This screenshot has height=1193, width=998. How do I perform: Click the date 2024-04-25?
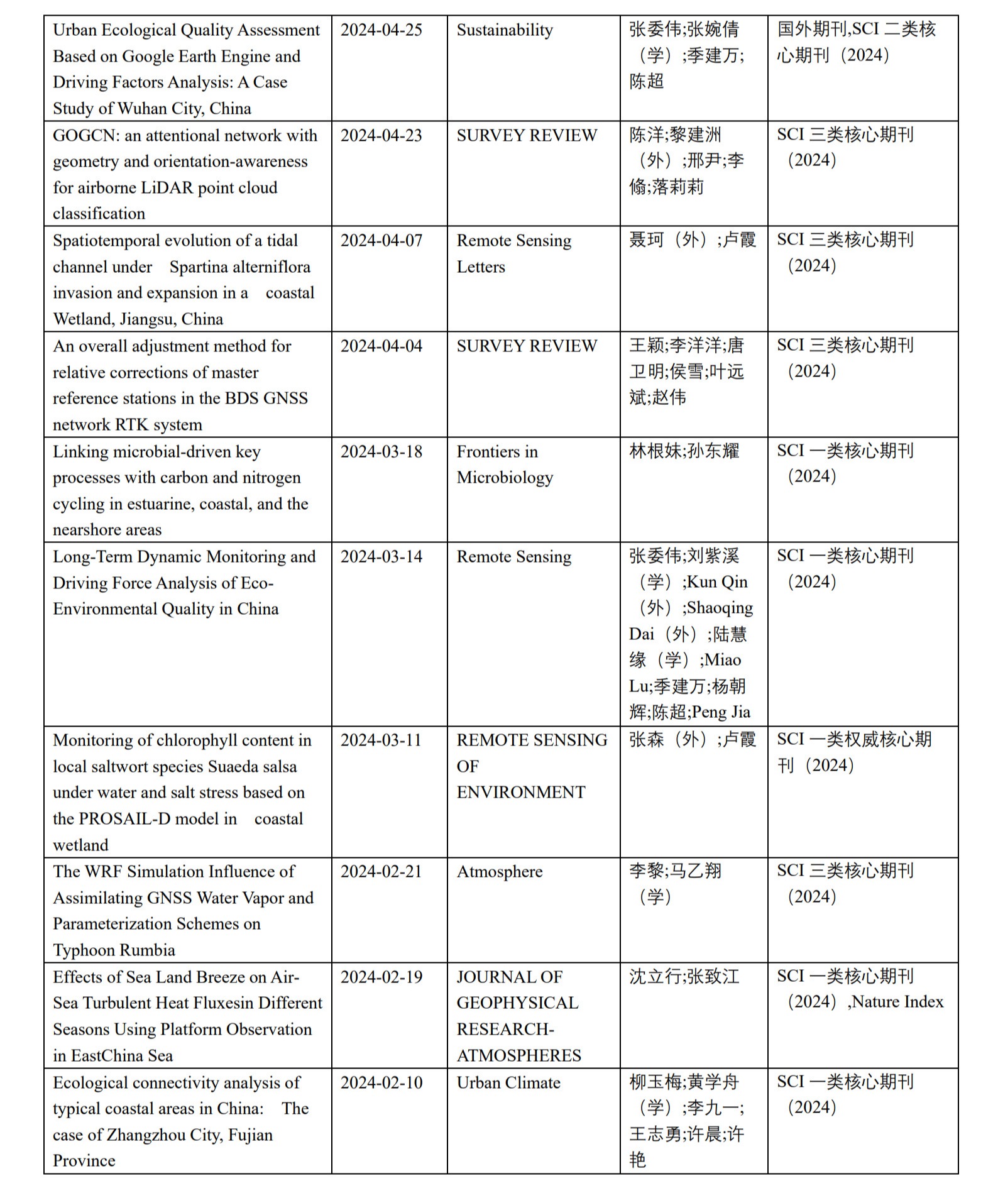click(x=381, y=30)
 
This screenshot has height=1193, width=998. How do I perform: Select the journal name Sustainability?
click(x=504, y=30)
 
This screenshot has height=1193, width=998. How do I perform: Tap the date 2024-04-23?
click(x=381, y=136)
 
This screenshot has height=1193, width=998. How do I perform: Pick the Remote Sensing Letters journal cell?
click(x=513, y=253)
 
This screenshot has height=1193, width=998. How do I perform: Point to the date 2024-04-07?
click(x=381, y=241)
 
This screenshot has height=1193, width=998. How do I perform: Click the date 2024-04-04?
click(x=381, y=346)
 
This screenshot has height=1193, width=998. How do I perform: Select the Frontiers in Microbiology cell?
click(x=504, y=465)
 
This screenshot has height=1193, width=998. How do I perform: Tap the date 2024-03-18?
click(x=381, y=452)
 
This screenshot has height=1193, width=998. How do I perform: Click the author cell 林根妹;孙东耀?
click(x=684, y=451)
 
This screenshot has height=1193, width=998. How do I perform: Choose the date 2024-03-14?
click(x=381, y=557)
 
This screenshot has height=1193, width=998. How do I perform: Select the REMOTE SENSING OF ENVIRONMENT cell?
click(x=531, y=766)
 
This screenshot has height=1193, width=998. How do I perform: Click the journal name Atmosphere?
click(x=499, y=872)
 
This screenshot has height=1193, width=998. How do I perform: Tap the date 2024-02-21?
click(x=381, y=872)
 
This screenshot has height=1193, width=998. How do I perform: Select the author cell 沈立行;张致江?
click(x=684, y=977)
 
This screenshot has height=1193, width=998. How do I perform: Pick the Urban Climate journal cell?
click(x=508, y=1082)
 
